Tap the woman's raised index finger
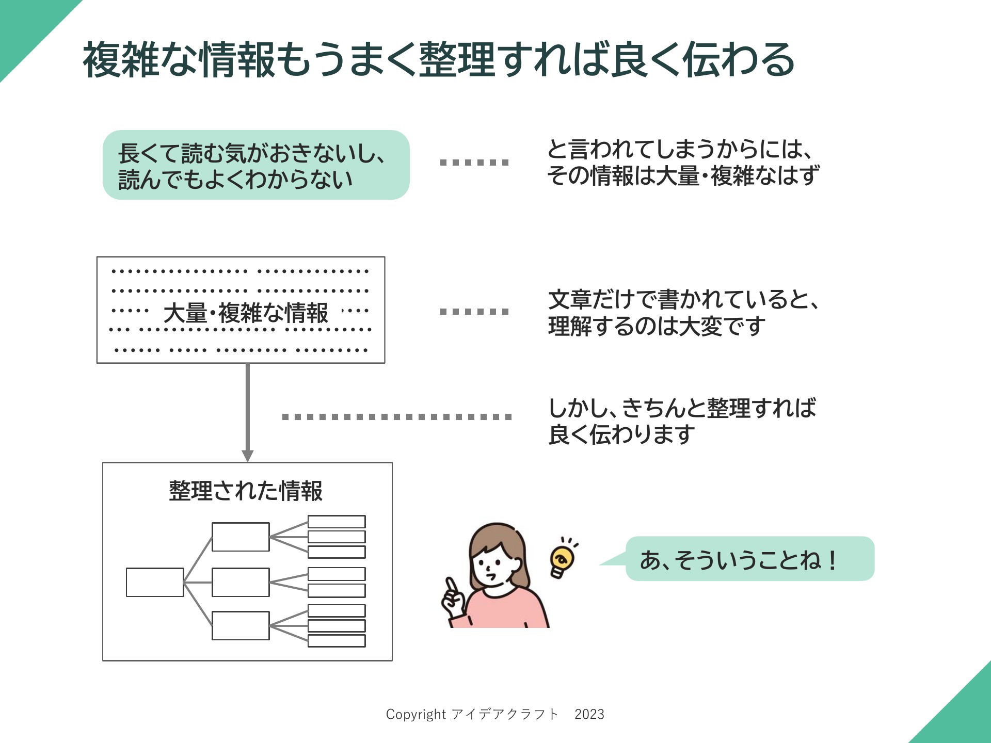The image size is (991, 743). tap(452, 586)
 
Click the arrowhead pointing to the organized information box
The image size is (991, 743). tap(248, 456)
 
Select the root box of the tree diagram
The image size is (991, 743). tap(155, 583)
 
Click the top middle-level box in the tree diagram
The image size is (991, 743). tap(241, 537)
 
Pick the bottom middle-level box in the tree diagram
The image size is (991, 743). tap(241, 625)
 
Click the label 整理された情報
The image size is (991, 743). tap(246, 491)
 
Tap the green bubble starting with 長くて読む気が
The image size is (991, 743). tap(256, 165)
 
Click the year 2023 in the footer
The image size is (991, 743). tap(589, 714)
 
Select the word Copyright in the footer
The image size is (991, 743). tap(416, 715)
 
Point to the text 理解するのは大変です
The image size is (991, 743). tap(657, 327)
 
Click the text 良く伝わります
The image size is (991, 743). tap(622, 434)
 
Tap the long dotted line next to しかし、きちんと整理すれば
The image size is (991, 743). tap(397, 417)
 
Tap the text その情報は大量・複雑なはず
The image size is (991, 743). tap(683, 176)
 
